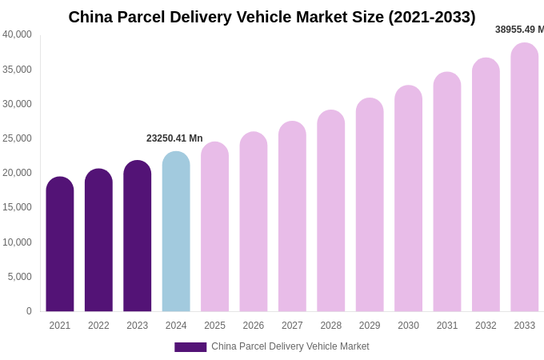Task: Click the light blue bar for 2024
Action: (x=176, y=232)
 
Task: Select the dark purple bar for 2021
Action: (x=60, y=244)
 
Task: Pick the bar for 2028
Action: (x=330, y=211)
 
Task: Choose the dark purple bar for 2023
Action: (x=137, y=236)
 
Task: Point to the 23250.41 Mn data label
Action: (x=174, y=138)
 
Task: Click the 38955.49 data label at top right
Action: (x=518, y=30)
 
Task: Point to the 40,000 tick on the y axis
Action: (x=17, y=34)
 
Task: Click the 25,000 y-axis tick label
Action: (x=17, y=138)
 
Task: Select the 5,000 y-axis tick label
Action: (x=19, y=277)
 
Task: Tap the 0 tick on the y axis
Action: (x=29, y=311)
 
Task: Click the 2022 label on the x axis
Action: (x=98, y=326)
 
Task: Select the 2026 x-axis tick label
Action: (x=254, y=326)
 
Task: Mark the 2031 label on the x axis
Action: (x=447, y=326)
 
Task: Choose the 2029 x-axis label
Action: (x=370, y=326)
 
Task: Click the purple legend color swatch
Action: (x=190, y=347)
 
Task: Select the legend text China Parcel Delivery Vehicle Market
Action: (x=290, y=346)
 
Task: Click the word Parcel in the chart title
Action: (x=152, y=17)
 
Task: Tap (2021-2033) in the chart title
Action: (x=432, y=17)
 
